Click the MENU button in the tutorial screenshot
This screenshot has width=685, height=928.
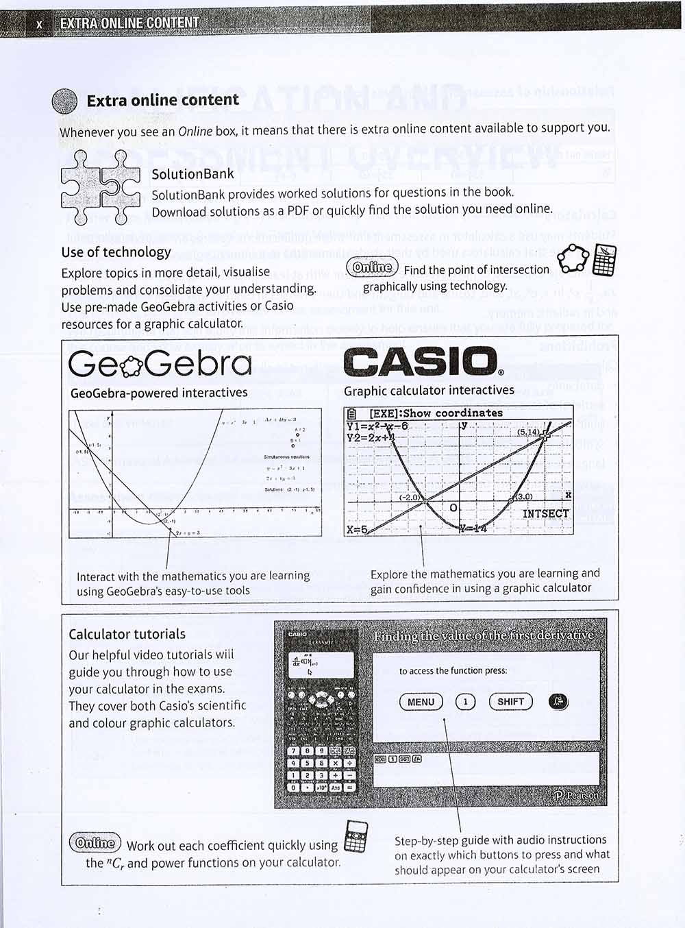[x=421, y=702]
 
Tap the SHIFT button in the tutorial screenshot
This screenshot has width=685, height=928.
[x=510, y=702]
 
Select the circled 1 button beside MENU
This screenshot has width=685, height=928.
[x=465, y=702]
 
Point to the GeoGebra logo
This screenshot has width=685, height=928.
[x=160, y=363]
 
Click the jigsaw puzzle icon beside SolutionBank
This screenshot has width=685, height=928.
[x=100, y=187]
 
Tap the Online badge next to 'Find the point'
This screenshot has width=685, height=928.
[x=372, y=267]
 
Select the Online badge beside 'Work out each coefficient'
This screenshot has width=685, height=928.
[x=95, y=843]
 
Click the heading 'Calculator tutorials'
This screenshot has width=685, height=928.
[x=127, y=634]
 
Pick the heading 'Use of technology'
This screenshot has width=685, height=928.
[x=116, y=252]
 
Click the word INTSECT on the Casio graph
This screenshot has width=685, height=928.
[x=545, y=513]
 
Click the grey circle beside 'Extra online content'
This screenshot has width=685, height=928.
[x=65, y=101]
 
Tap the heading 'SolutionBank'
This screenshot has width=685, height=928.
[x=192, y=174]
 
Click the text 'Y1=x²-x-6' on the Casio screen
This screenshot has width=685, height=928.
[x=377, y=426]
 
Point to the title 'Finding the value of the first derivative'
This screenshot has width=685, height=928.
[x=484, y=635]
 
